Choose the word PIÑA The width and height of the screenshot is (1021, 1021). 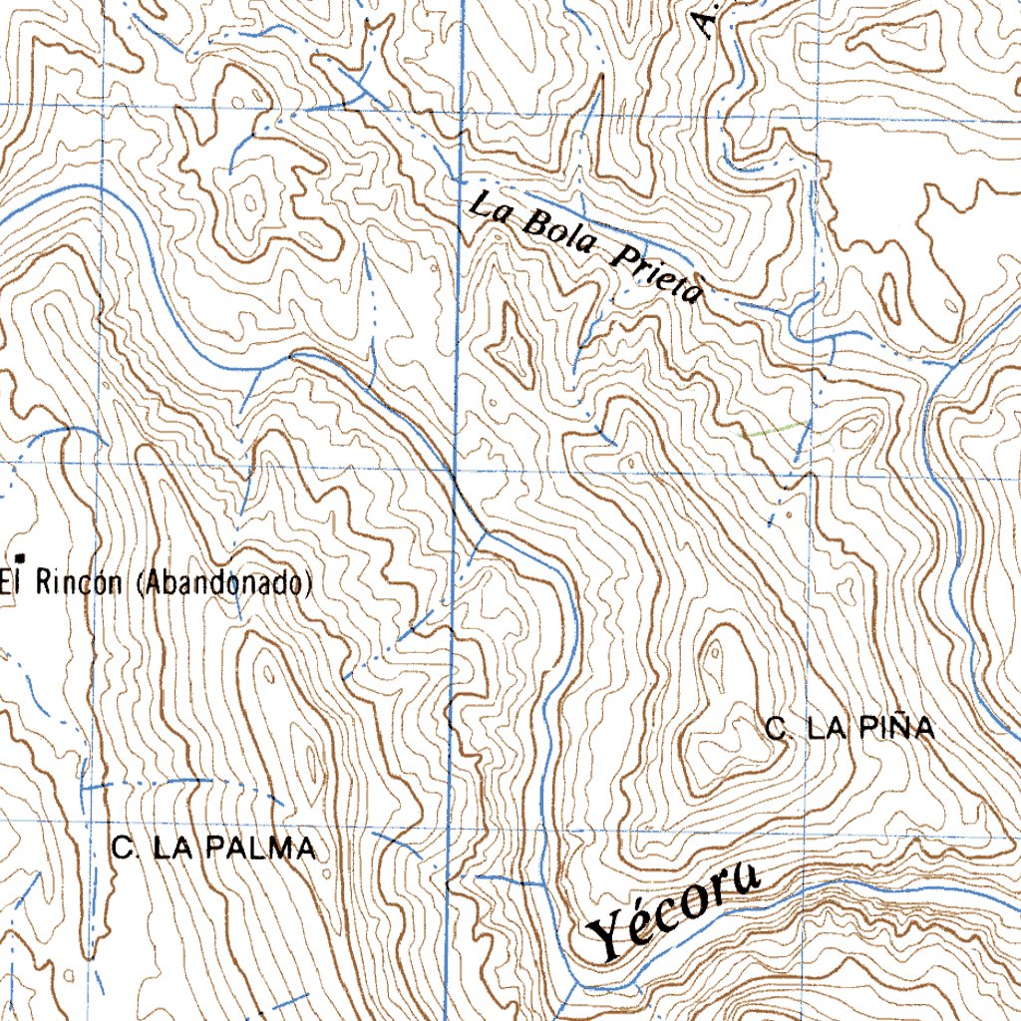(x=898, y=729)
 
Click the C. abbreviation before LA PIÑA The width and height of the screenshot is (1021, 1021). (x=778, y=729)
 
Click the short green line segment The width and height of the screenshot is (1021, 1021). (x=776, y=430)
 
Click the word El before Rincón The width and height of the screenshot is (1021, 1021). (x=12, y=583)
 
